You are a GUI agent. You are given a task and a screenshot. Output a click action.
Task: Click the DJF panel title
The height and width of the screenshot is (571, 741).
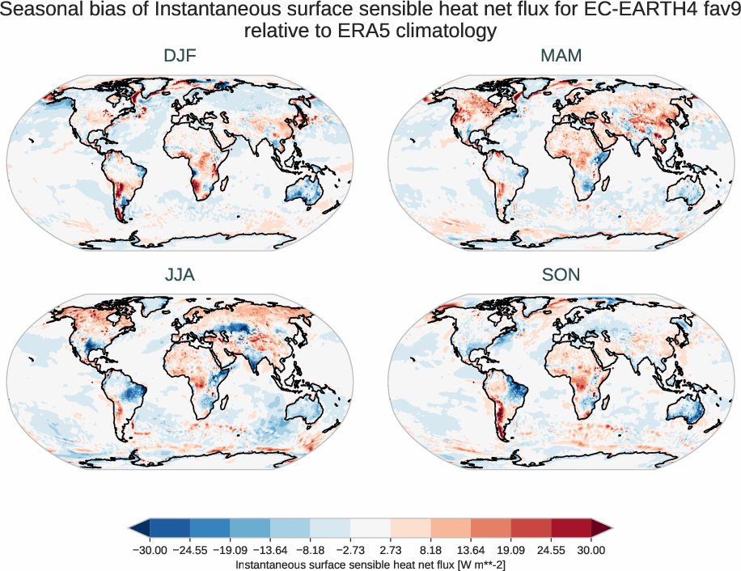(180, 56)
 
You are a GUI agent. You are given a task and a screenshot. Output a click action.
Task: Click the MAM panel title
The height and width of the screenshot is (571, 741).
(561, 56)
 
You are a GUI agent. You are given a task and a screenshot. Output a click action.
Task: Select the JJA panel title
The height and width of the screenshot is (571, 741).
(180, 274)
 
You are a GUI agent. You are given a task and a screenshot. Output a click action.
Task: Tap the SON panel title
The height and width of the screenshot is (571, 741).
(561, 274)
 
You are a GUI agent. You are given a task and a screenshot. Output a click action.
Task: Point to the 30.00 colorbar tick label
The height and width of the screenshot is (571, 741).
(591, 550)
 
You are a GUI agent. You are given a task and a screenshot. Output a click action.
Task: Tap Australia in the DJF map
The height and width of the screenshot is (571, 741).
(307, 191)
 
